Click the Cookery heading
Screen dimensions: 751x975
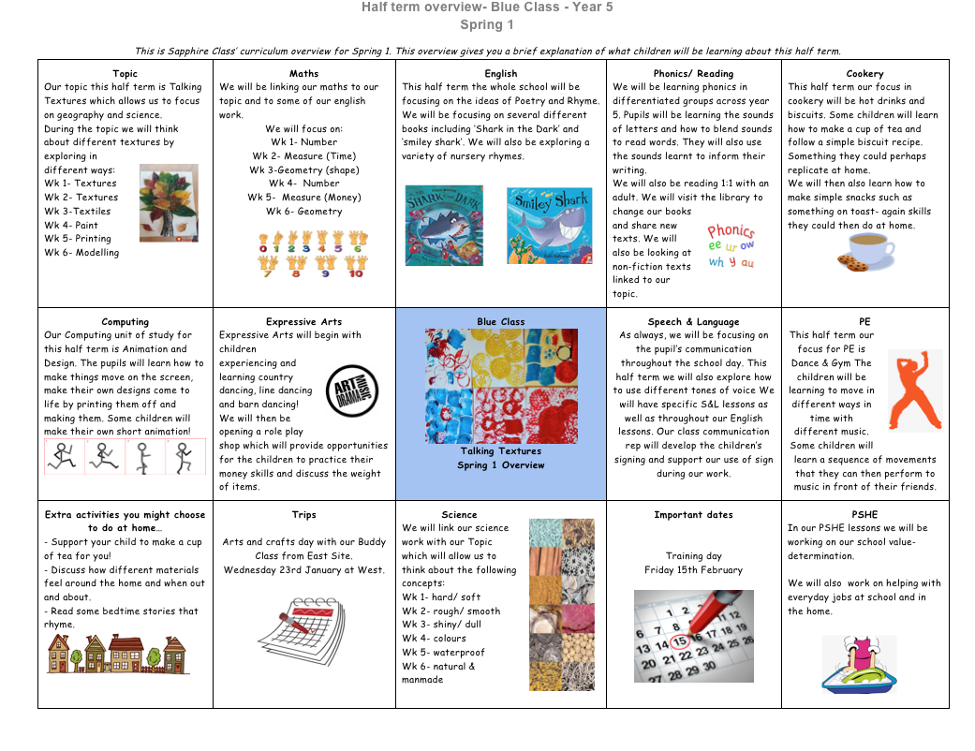[x=864, y=73]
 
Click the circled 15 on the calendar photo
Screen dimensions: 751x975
[x=680, y=642]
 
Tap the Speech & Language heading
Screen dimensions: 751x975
[x=692, y=321]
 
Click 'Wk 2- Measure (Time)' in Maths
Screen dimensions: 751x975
[x=303, y=156]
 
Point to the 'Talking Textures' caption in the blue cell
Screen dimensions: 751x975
[x=500, y=450]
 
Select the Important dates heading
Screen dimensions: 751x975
[x=693, y=514]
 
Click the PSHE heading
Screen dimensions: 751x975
[x=864, y=514]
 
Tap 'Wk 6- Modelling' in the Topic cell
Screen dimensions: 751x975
[x=81, y=252]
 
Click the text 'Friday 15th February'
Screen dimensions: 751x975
[x=693, y=569]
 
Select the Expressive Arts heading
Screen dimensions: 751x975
[x=303, y=321]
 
